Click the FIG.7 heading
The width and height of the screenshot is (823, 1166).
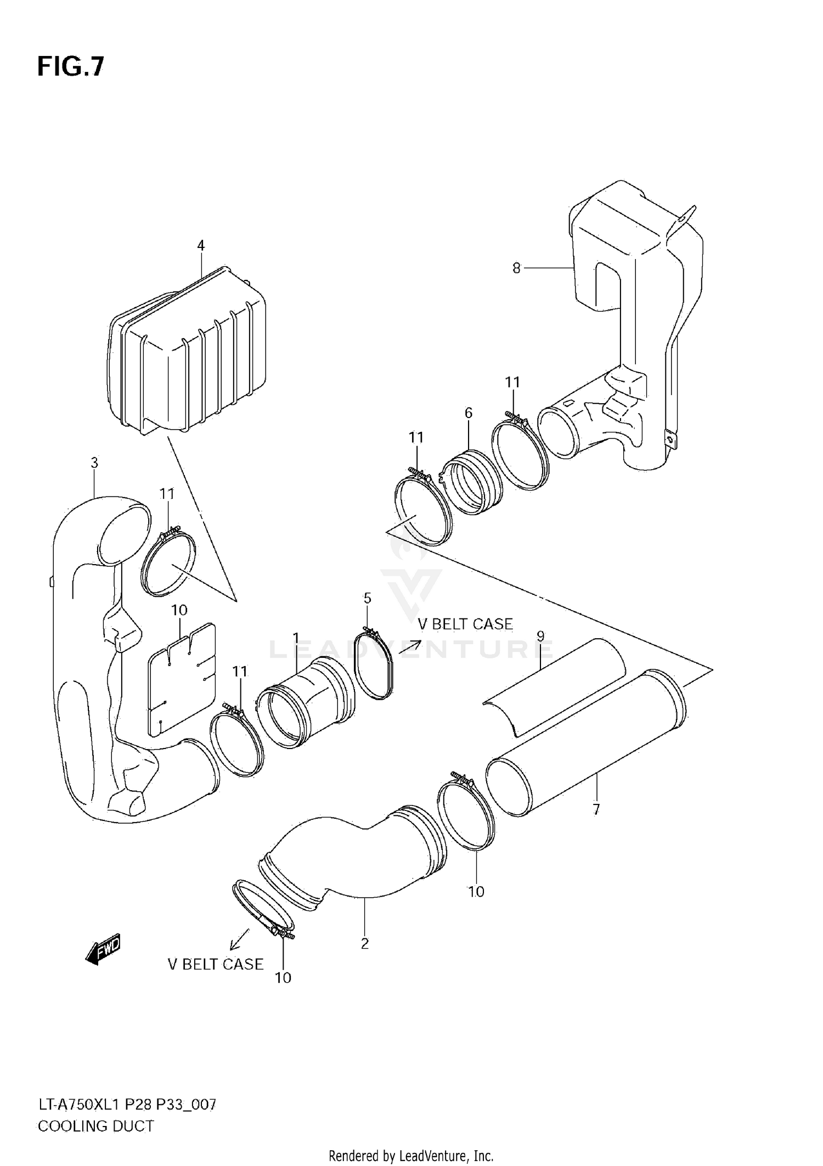coord(70,67)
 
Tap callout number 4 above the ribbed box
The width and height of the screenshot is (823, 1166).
coord(201,245)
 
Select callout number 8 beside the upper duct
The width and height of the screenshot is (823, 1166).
coord(516,268)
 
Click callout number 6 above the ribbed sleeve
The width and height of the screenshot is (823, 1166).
coord(468,413)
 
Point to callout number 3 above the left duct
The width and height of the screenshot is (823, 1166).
coord(94,463)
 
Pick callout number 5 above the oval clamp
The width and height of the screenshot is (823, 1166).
coord(367,598)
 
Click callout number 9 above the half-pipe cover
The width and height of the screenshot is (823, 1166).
coord(540,636)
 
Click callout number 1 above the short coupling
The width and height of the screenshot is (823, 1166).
coord(296,638)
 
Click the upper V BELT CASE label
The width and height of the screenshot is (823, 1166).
coord(465,624)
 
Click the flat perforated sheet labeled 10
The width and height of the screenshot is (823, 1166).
coord(181,680)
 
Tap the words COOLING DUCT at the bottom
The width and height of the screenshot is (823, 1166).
coord(95,1126)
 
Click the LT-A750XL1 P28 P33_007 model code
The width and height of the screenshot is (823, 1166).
coord(127,1104)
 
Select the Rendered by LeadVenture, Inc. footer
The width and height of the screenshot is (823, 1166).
coord(411,1156)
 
